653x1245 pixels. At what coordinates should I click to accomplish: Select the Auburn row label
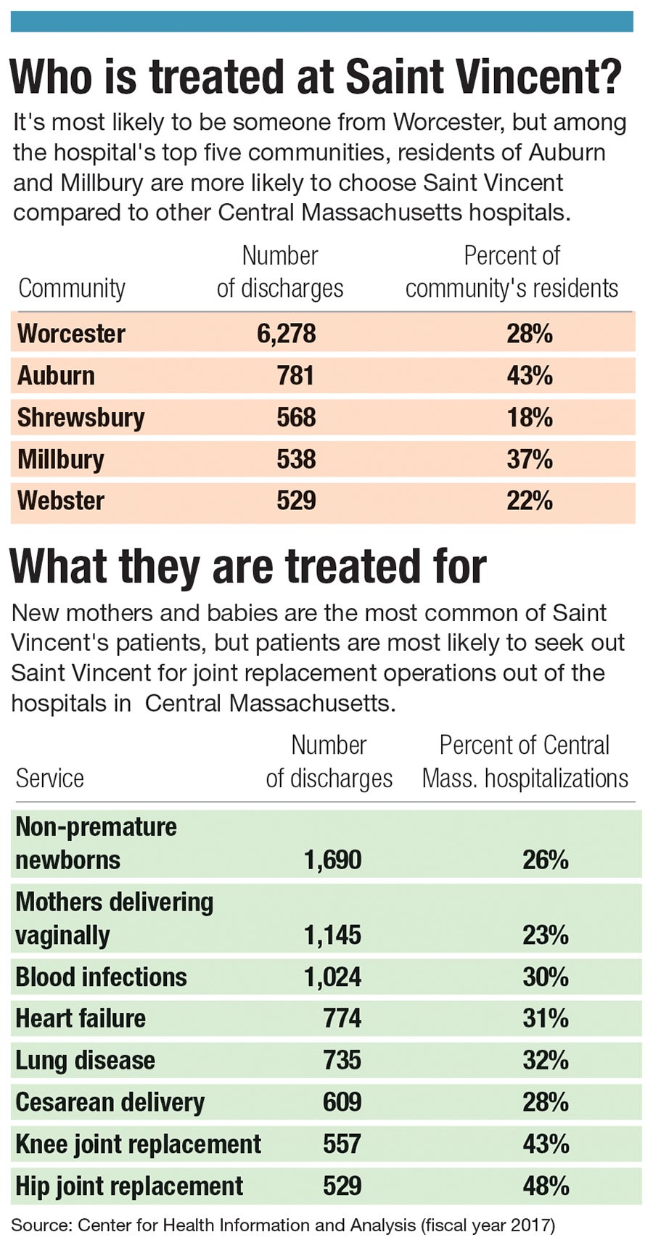[56, 376]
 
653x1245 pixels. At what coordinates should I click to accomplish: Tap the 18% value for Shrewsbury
[529, 418]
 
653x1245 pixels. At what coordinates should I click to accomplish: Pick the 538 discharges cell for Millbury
[296, 459]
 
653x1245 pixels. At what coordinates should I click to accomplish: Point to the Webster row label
[61, 501]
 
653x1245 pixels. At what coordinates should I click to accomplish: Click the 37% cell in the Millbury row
[529, 459]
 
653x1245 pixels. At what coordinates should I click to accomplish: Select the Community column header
[71, 289]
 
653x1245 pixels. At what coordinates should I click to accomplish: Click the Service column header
[49, 778]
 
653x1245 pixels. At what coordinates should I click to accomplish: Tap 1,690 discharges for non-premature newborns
[332, 860]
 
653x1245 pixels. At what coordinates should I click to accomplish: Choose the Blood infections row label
[101, 977]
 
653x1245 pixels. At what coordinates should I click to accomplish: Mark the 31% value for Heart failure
[545, 1019]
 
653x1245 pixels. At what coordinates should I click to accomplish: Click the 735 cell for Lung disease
[342, 1060]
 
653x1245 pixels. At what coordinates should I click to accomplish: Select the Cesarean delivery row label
[110, 1102]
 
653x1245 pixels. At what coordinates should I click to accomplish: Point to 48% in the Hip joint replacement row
[545, 1186]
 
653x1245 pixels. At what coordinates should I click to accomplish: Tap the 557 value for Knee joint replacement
[342, 1144]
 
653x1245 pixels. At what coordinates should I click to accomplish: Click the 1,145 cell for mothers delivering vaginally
[332, 935]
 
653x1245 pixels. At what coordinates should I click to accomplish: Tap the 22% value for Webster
[529, 501]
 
